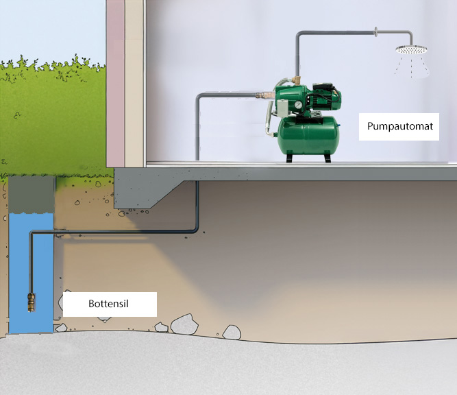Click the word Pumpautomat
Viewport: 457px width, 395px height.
pos(400,126)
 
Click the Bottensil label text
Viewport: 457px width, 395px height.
pos(108,304)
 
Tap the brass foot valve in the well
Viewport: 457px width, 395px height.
pos(32,302)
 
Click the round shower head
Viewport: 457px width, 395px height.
pos(411,49)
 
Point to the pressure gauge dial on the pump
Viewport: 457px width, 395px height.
pos(298,104)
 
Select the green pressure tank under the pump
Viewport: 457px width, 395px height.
pos(308,135)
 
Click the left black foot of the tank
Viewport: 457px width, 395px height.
pos(289,158)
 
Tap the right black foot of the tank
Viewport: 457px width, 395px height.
pos(328,158)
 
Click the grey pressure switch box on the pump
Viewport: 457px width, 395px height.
pos(282,107)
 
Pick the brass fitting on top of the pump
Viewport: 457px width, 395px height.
pos(297,80)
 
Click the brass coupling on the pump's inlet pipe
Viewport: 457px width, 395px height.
pos(264,95)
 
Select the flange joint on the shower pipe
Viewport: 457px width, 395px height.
pos(376,32)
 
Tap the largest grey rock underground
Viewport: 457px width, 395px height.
pos(184,324)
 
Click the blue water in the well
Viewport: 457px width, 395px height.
pos(32,273)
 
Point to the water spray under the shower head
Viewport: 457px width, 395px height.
pos(412,67)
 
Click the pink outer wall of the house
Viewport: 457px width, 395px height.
pos(115,84)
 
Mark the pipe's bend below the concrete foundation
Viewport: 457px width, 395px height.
pos(196,230)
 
